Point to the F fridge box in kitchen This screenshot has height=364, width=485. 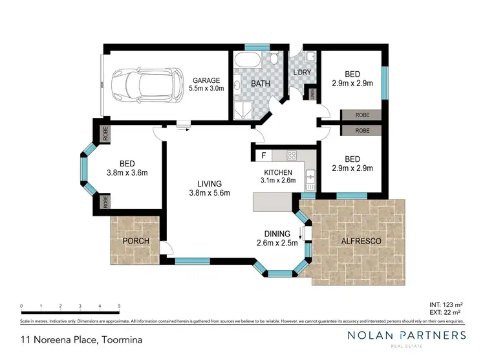263,155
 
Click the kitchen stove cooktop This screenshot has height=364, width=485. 292,155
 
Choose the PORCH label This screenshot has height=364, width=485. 136,241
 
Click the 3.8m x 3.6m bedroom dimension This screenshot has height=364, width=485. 127,172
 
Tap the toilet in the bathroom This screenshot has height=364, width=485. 274,60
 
